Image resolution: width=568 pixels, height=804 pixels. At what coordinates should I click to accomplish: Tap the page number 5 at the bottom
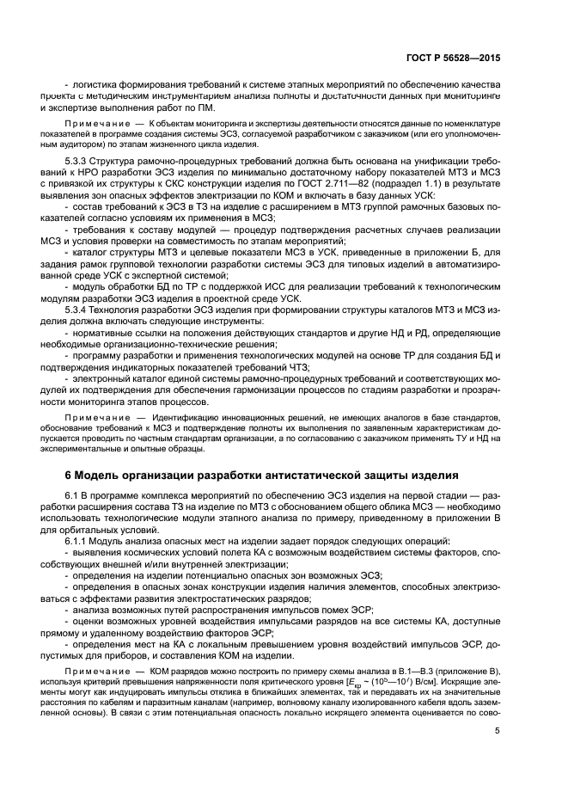click(497, 755)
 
